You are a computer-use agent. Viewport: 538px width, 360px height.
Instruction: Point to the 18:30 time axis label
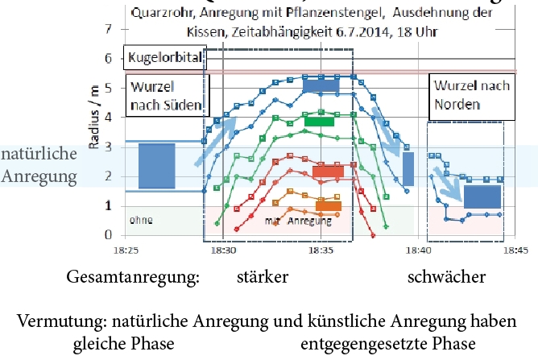[x=223, y=250]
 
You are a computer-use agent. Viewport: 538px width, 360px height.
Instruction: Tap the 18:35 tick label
[x=321, y=250]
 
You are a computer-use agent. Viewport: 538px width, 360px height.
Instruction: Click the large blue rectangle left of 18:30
[x=156, y=166]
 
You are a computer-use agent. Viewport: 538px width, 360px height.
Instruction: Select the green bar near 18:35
[x=319, y=122]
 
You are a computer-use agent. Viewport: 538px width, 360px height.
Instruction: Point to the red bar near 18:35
[x=328, y=171]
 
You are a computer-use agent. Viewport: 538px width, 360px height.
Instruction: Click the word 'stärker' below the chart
[x=263, y=278]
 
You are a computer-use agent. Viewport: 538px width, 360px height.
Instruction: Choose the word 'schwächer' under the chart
[x=447, y=278]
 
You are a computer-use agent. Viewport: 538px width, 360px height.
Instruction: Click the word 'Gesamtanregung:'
[x=133, y=278]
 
